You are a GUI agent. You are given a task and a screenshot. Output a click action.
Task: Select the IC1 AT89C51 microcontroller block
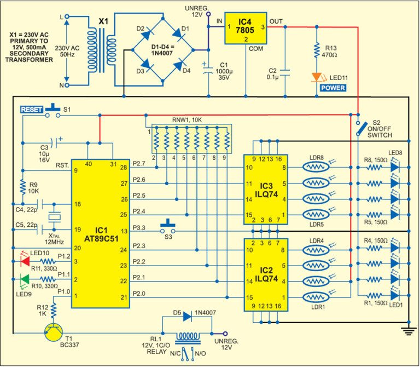pyautogui.click(x=98, y=232)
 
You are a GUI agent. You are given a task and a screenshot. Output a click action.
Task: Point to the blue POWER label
pyautogui.click(x=332, y=87)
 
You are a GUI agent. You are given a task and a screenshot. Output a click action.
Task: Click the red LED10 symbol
pyautogui.click(x=24, y=261)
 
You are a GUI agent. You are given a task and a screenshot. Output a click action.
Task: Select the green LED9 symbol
pyautogui.click(x=24, y=280)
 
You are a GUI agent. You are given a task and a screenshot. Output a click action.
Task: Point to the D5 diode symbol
pyautogui.click(x=188, y=316)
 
